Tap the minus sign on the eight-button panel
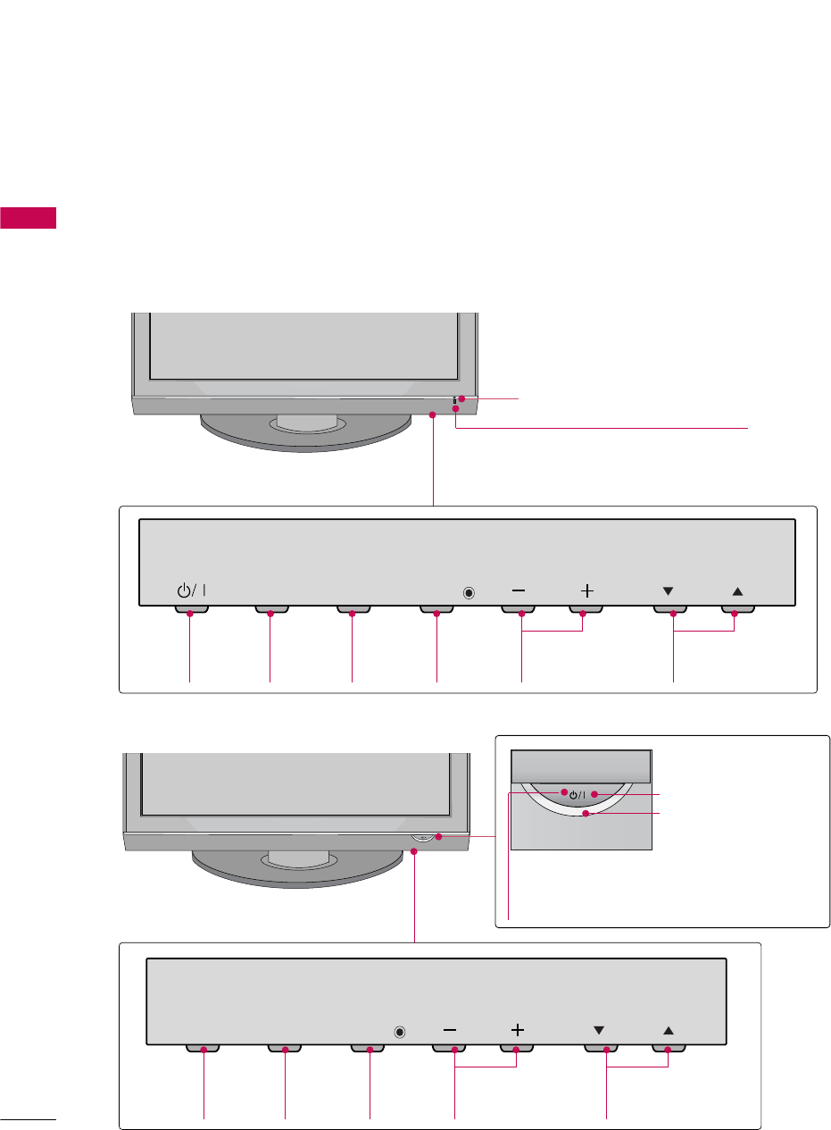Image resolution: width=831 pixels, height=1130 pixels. tap(519, 590)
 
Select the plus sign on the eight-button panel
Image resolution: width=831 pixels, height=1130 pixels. tap(586, 590)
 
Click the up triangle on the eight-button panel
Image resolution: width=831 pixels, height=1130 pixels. tap(736, 590)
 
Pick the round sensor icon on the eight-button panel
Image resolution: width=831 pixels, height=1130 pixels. tap(470, 591)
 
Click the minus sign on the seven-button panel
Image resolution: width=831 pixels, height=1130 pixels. tap(449, 1029)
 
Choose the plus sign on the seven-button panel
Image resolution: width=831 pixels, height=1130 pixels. tap(517, 1029)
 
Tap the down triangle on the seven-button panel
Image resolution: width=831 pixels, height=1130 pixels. tap(600, 1029)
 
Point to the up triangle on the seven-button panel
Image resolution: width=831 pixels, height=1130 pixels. tap(669, 1029)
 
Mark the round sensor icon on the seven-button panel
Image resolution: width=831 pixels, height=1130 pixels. tap(399, 1031)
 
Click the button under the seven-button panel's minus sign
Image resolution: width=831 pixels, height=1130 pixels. tap(449, 1048)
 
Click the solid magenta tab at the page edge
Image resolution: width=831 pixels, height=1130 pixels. tap(29, 217)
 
